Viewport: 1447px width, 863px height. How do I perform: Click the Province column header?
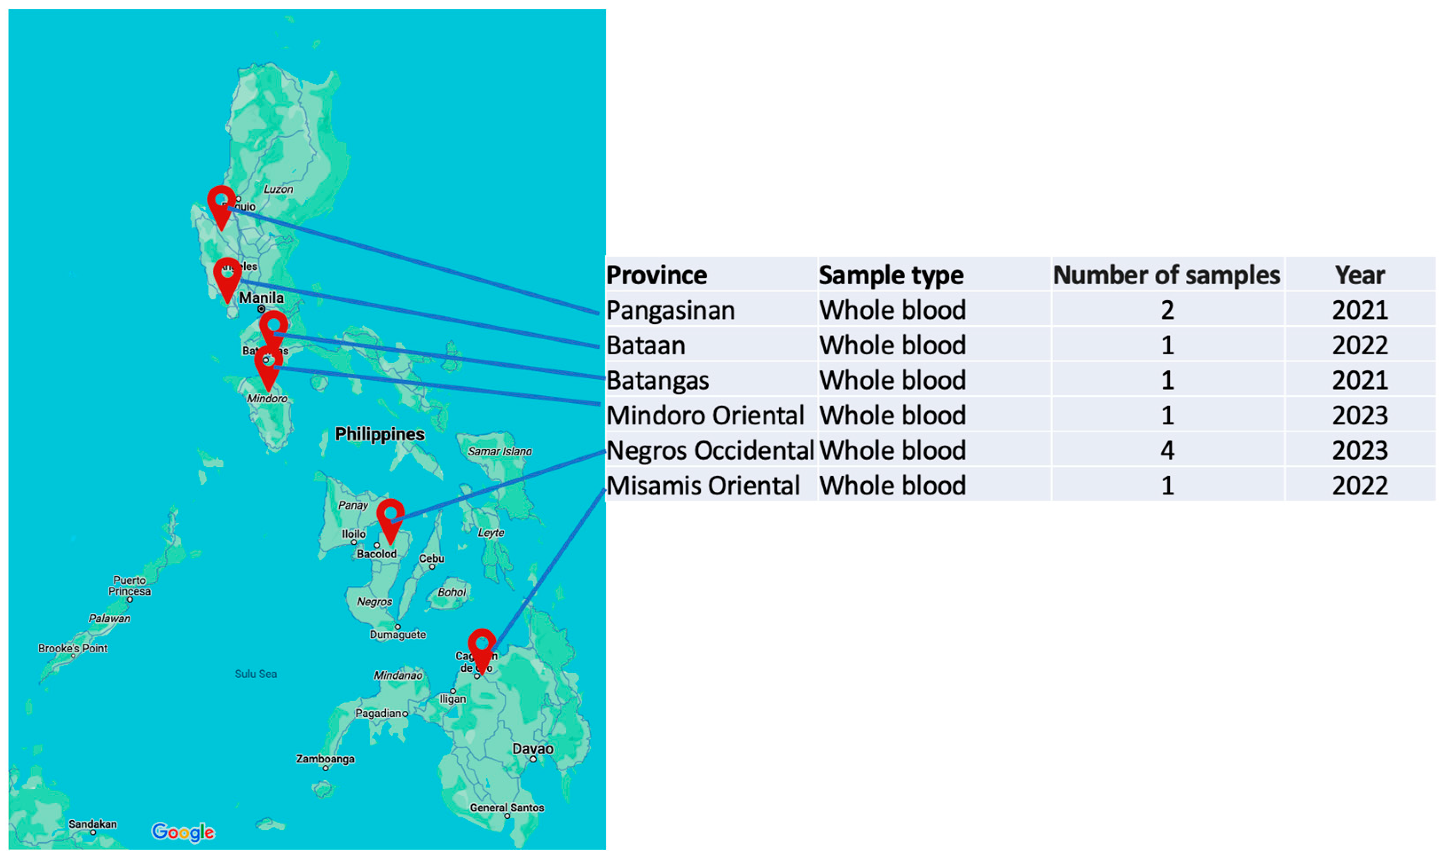point(656,275)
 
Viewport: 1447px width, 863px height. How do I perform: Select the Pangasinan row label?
point(671,310)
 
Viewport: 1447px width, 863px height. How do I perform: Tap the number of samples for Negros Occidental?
point(1167,450)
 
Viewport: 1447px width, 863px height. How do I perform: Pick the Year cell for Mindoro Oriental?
point(1360,415)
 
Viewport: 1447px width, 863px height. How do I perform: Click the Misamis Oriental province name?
point(703,486)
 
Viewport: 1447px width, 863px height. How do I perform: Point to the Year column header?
point(1360,275)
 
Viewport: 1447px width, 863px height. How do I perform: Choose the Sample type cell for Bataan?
point(892,345)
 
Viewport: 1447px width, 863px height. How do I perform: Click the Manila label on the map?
point(261,298)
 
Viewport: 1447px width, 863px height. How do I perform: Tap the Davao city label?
point(533,749)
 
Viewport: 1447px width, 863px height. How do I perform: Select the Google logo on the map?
point(183,832)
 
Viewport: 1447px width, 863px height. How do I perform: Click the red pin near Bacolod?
point(390,518)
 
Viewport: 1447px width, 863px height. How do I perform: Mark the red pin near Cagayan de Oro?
point(482,648)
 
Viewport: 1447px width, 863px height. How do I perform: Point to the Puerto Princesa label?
point(129,585)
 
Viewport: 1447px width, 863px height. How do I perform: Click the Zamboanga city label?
point(325,759)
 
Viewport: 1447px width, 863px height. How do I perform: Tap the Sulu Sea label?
point(256,674)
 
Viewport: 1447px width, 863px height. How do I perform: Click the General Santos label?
point(507,807)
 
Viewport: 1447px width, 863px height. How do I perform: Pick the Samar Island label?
point(499,451)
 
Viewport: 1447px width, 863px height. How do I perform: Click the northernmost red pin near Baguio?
point(221,204)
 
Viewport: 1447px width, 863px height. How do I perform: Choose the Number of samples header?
point(1166,275)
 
